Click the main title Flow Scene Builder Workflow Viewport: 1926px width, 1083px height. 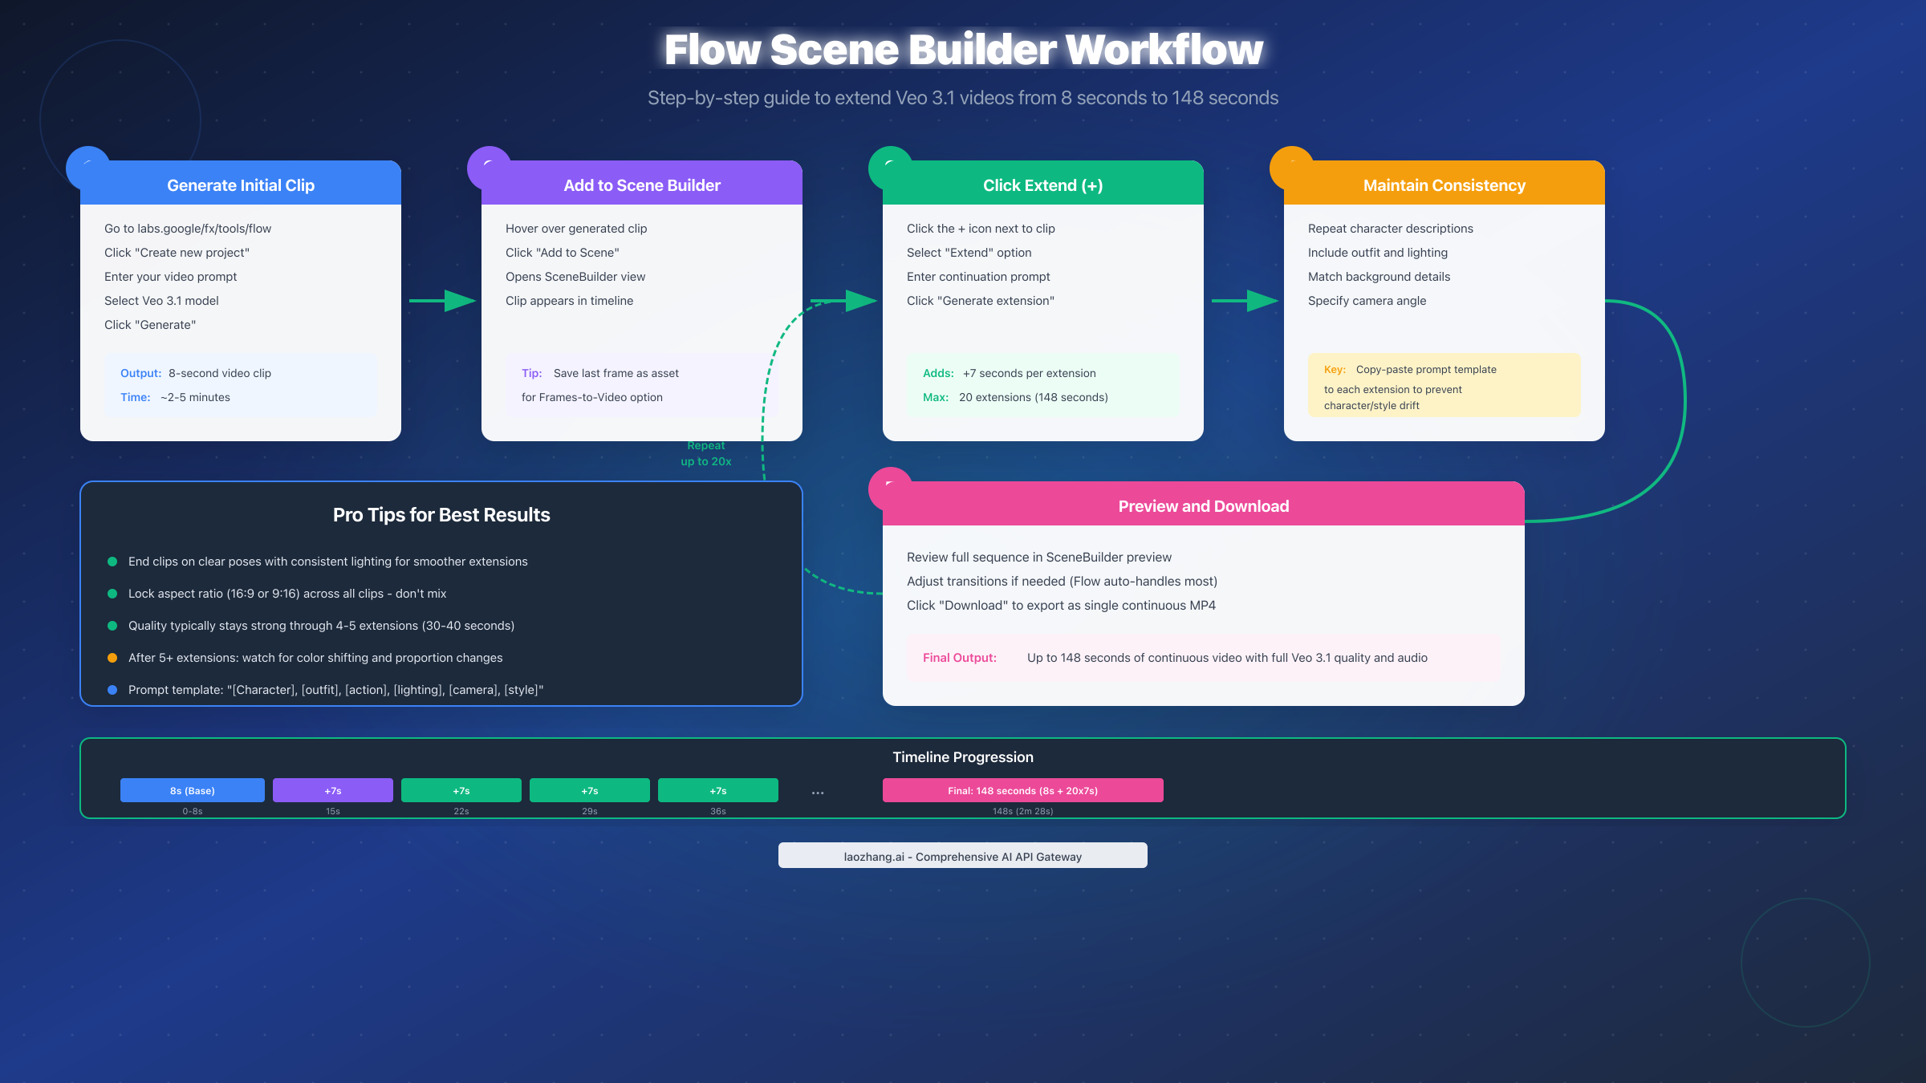tap(963, 50)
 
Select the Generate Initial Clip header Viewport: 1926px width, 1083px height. tap(241, 185)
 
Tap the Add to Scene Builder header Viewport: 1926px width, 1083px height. tap(642, 185)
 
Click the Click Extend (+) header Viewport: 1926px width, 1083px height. tap(1043, 185)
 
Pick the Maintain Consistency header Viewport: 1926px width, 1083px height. tap(1444, 185)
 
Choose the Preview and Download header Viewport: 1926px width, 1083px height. tap(1204, 506)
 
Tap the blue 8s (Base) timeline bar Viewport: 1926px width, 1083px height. tap(193, 790)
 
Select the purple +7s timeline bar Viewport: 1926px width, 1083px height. tap(333, 790)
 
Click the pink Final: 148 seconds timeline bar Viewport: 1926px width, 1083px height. tap(1023, 790)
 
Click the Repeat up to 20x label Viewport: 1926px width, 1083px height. tap(706, 454)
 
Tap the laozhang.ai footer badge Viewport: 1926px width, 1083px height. tap(963, 856)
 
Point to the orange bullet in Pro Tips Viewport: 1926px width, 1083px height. tap(112, 658)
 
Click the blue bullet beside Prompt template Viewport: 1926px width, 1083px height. tap(112, 690)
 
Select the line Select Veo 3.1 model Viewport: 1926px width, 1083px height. tap(161, 301)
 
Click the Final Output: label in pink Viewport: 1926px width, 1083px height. tap(960, 658)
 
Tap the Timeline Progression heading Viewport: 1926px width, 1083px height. tap(963, 757)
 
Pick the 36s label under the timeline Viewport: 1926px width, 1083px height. tap(718, 811)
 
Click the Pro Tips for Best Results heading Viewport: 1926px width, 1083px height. tap(441, 515)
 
